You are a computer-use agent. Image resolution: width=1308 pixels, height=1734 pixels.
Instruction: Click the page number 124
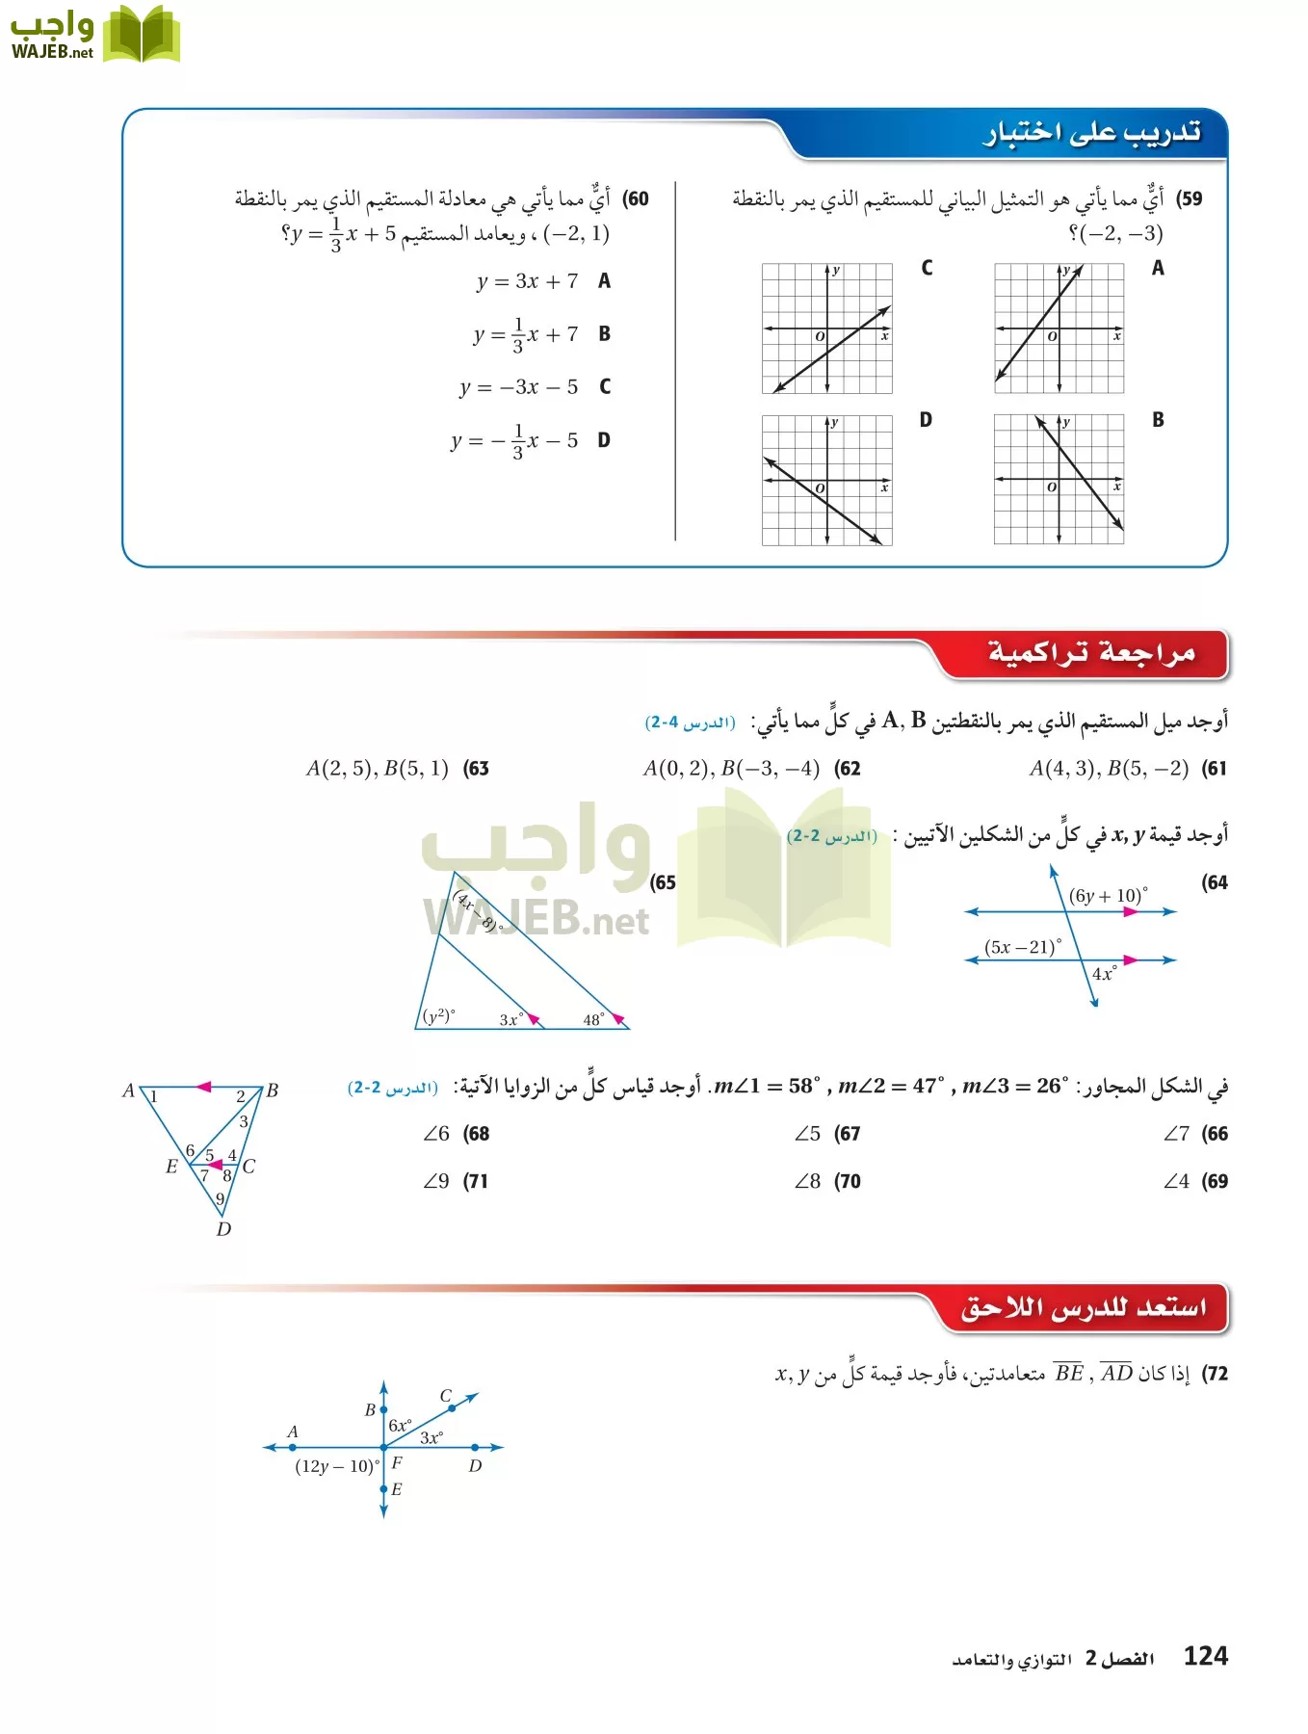point(1205,1656)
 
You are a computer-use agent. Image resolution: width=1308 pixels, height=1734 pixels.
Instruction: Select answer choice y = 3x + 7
point(528,281)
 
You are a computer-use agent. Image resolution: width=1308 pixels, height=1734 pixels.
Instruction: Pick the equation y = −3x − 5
point(519,387)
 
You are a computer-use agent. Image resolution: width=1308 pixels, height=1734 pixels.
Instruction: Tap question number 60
point(636,199)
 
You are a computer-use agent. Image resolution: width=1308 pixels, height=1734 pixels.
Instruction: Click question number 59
point(1190,199)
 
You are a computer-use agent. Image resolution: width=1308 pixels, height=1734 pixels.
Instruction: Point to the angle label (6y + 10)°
point(1108,896)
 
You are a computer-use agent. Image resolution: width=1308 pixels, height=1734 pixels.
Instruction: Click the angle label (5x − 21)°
point(1023,947)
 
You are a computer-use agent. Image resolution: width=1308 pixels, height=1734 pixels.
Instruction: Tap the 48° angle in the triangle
point(594,1019)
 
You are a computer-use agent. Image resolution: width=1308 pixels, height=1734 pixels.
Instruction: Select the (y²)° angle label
point(439,1016)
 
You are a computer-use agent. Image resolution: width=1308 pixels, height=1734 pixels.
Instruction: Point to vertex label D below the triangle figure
point(223,1229)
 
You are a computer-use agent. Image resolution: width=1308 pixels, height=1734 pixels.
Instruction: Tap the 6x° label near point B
point(400,1425)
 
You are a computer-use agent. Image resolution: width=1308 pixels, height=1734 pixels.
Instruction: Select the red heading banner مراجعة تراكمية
point(1090,653)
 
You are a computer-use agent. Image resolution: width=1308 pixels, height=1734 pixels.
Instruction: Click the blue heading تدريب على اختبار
point(1091,134)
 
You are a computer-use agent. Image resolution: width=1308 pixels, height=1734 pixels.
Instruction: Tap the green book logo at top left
point(142,36)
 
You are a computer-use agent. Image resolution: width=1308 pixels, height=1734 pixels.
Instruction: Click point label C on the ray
point(446,1396)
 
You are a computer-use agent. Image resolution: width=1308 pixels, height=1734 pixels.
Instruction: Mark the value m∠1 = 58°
point(768,1087)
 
